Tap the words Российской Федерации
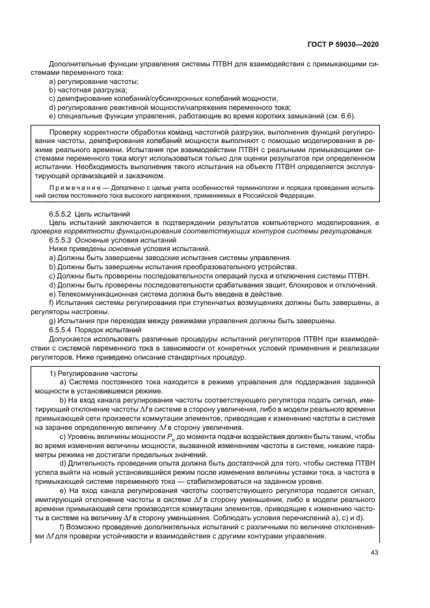point(285,195)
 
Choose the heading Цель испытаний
point(105,214)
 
